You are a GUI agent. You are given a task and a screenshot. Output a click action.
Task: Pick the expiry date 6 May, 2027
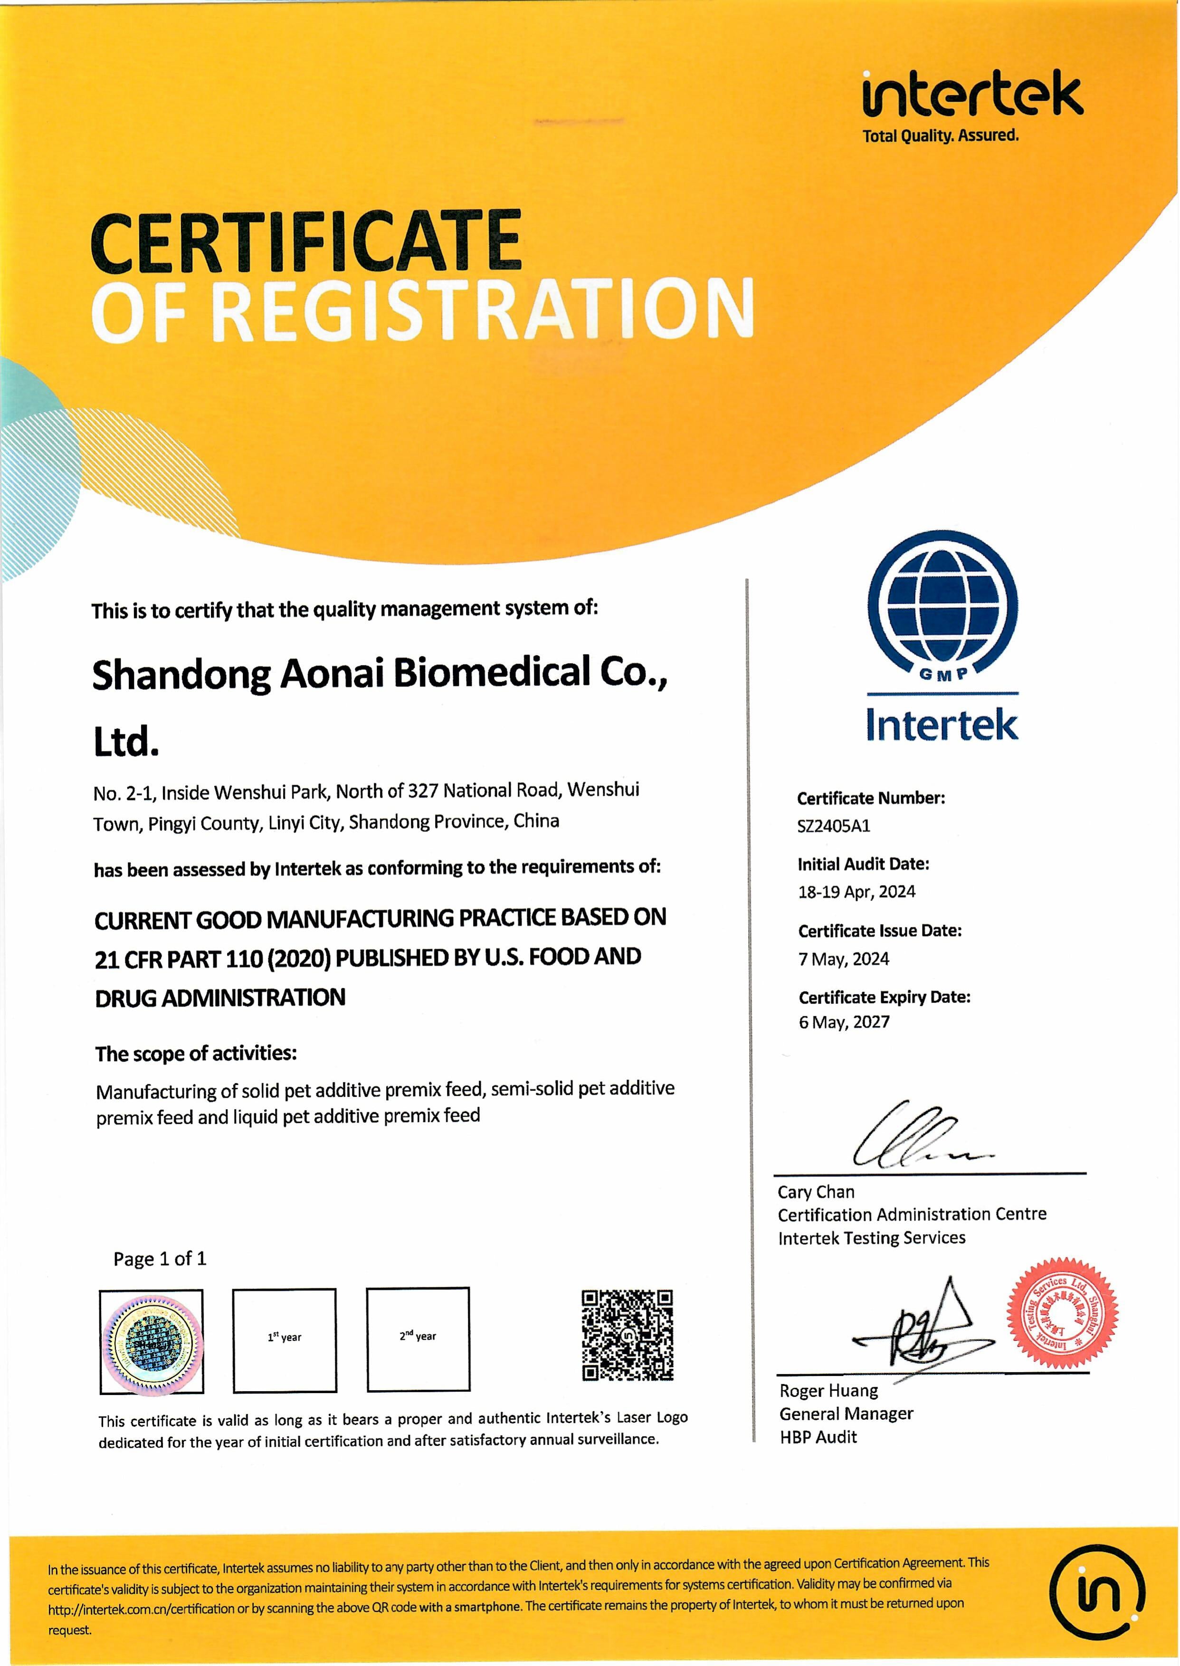844,1022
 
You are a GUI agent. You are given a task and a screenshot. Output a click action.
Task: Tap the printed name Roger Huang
828,1390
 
